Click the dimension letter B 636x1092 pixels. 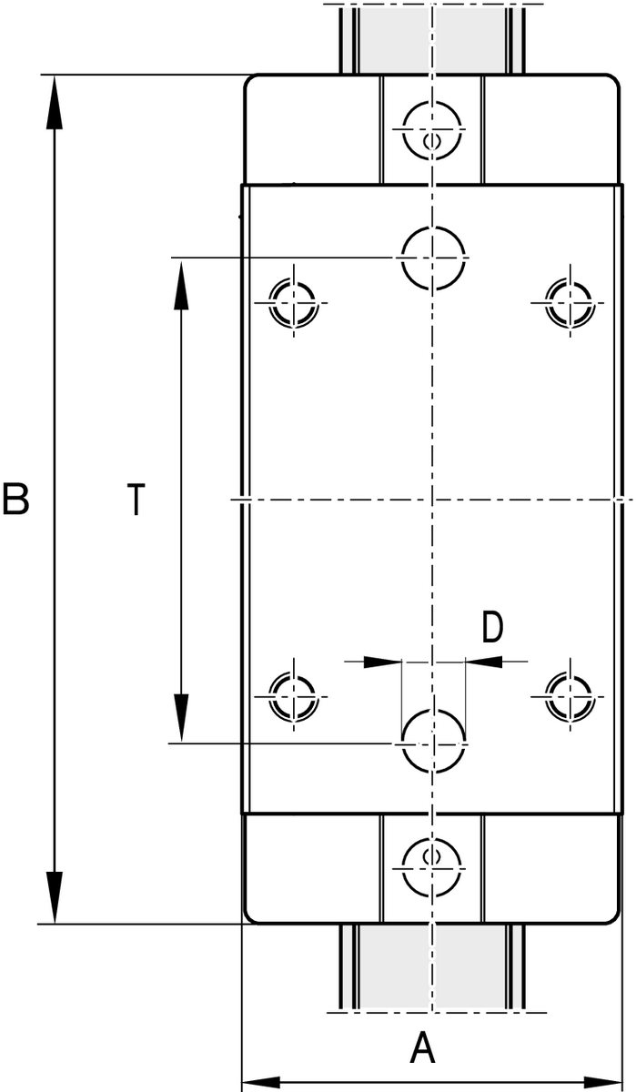pyautogui.click(x=15, y=499)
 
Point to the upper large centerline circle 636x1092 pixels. pyautogui.click(x=401, y=257)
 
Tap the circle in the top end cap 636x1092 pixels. pyautogui.click(x=403, y=129)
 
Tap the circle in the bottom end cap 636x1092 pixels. pyautogui.click(x=403, y=868)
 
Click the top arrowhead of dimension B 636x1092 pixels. pyautogui.click(x=55, y=102)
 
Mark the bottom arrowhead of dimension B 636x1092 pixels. pyautogui.click(x=55, y=896)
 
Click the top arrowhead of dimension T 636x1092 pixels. pyautogui.click(x=181, y=285)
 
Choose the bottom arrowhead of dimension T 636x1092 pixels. pyautogui.click(x=181, y=717)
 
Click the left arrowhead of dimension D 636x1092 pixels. pyautogui.click(x=382, y=662)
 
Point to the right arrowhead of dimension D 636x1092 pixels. pyautogui.click(x=484, y=662)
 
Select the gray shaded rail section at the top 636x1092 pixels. pyautogui.click(x=432, y=39)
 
